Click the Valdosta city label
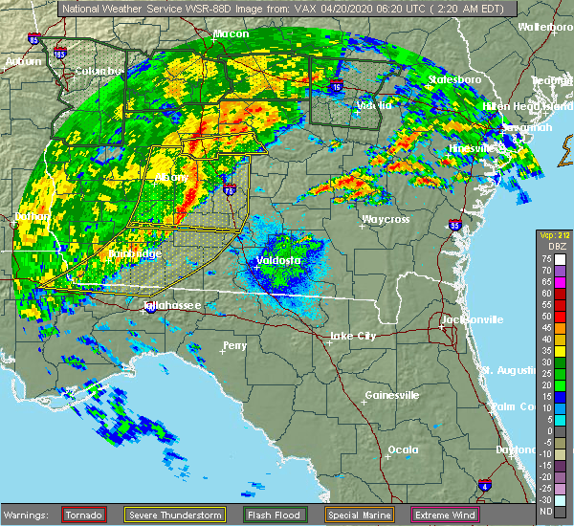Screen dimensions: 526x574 tap(278, 260)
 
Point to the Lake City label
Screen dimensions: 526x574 tap(352, 336)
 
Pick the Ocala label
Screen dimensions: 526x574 tap(403, 449)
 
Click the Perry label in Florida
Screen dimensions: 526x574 tap(234, 345)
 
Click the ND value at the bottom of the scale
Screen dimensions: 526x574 tap(544, 510)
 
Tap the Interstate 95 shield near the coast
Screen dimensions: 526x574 tap(453, 227)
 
